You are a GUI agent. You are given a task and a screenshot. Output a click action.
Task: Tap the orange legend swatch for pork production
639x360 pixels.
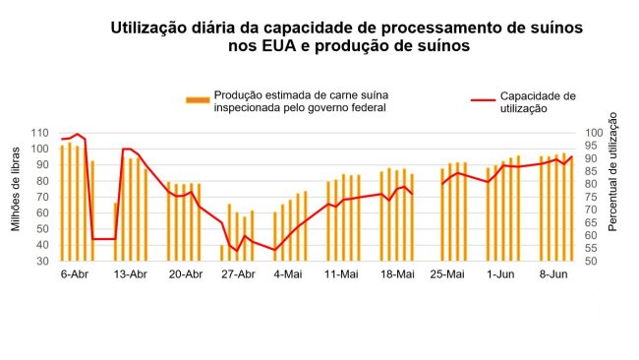coord(197,99)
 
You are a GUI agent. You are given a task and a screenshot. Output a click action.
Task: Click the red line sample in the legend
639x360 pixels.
coord(483,99)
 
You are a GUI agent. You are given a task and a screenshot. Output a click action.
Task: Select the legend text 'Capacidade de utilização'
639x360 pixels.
coord(537,102)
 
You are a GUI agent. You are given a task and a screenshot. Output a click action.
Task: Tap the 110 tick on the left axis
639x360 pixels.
coord(40,133)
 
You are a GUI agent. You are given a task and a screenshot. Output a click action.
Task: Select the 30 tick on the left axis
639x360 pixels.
coord(43,262)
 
